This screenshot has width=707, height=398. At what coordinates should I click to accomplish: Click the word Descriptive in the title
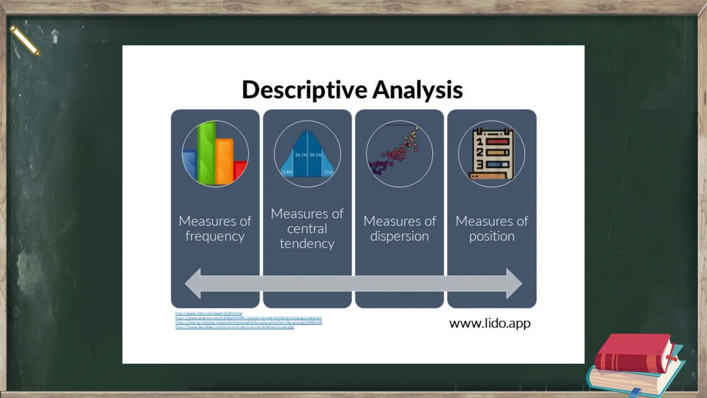point(304,89)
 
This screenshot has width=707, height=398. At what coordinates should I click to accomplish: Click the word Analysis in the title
point(417,89)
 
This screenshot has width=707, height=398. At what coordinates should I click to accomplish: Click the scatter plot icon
point(399,154)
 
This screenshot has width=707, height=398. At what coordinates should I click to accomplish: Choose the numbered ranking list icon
point(492,154)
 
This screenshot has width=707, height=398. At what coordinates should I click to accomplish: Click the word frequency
point(215,236)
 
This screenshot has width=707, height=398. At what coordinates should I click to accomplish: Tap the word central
point(307,229)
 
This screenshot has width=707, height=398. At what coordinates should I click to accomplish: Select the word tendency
point(307,244)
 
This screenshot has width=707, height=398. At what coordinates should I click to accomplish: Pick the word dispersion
point(399,236)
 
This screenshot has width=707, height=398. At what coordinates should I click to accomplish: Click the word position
point(492,236)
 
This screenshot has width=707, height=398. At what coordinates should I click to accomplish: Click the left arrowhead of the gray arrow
point(193,283)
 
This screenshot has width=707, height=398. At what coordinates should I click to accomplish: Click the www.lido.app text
point(490,323)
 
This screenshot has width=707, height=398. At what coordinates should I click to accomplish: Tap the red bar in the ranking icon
point(497,142)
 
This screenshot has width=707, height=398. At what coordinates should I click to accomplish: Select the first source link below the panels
point(209,313)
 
